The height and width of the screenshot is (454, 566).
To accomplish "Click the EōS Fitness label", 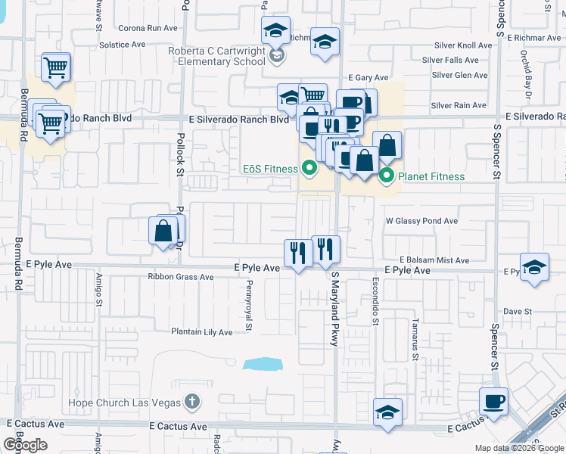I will (269, 169).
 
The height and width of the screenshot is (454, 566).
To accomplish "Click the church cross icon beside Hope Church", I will (192, 402).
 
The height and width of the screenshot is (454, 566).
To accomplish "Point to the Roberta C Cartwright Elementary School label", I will (215, 56).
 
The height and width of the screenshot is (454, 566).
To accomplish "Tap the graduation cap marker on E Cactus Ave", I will (387, 412).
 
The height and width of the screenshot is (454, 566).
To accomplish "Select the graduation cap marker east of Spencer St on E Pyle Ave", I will (535, 266).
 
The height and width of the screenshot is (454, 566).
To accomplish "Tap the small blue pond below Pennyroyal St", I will (263, 365).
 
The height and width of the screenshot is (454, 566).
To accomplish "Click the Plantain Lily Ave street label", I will (201, 332).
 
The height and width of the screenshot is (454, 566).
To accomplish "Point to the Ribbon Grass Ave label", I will (181, 278).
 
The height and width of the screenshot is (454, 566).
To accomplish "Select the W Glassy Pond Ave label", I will (421, 221).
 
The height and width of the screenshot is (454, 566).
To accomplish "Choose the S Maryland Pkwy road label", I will (333, 311).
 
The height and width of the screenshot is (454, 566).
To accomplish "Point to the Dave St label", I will (518, 311).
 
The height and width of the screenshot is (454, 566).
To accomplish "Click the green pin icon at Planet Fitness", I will (387, 177).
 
